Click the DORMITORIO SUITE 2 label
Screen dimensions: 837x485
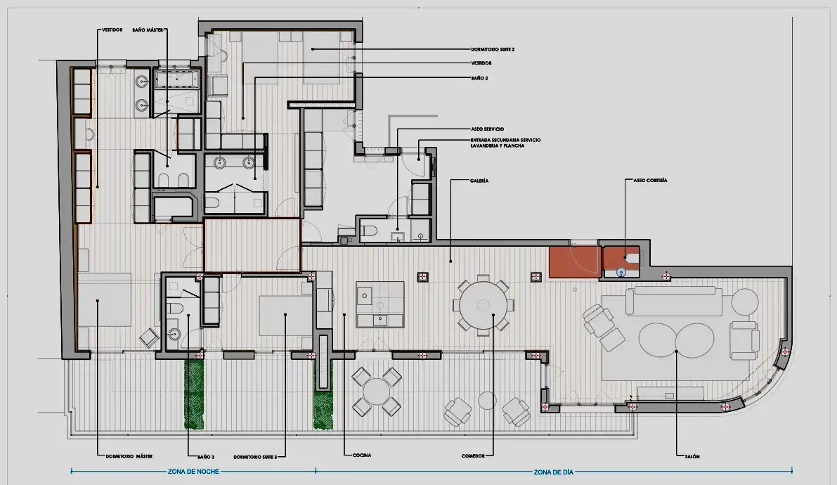[492, 49]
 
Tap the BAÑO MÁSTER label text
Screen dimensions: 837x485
[148, 30]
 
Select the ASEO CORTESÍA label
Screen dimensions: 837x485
[650, 181]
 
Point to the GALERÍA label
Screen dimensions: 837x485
[479, 181]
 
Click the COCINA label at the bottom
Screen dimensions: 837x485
[362, 455]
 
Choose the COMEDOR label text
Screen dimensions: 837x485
[473, 455]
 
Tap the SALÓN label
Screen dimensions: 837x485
[692, 456]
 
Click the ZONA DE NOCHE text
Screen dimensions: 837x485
[193, 472]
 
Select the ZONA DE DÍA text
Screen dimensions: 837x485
[554, 472]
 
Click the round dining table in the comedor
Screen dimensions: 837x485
[483, 305]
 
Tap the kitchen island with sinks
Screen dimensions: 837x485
[380, 304]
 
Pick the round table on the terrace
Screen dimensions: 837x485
[377, 392]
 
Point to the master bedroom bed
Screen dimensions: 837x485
[105, 299]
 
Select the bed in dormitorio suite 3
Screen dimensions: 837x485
[285, 315]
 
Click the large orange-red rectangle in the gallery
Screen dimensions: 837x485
[574, 261]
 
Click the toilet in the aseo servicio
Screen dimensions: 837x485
[369, 231]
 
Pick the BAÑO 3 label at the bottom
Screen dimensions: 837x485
[205, 457]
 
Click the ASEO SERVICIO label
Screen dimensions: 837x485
[487, 129]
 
